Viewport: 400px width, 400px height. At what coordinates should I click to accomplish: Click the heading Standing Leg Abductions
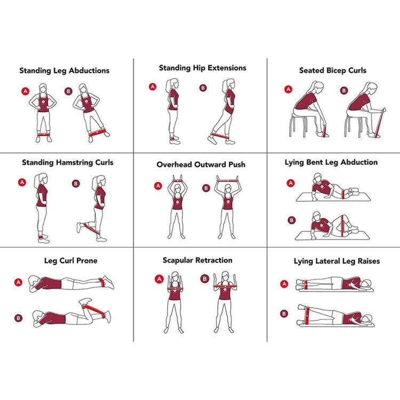pyautogui.click(x=65, y=70)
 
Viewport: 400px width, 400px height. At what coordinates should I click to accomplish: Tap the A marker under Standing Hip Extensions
pyautogui.click(x=153, y=87)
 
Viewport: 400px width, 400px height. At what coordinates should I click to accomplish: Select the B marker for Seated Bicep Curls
pyautogui.click(x=344, y=90)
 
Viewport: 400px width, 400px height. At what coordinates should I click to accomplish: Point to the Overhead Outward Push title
pyautogui.click(x=201, y=165)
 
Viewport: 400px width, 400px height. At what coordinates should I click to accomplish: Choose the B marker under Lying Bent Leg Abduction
pyautogui.click(x=291, y=220)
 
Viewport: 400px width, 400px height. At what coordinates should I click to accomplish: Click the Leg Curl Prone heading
pyautogui.click(x=70, y=261)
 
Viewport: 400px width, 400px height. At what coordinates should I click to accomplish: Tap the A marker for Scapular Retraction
pyautogui.click(x=159, y=279)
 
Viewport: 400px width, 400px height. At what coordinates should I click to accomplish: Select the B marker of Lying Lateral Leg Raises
pyautogui.click(x=284, y=314)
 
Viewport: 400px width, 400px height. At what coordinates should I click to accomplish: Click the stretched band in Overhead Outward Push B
pyautogui.click(x=227, y=181)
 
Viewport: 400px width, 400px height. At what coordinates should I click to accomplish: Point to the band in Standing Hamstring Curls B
pyautogui.click(x=91, y=228)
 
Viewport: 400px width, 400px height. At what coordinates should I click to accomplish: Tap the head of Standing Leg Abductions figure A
pyautogui.click(x=43, y=89)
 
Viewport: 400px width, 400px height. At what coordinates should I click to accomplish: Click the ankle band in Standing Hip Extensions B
pyautogui.click(x=220, y=136)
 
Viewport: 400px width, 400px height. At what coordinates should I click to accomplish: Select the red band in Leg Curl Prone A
pyautogui.click(x=102, y=282)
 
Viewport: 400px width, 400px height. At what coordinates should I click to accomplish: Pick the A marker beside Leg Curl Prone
pyautogui.click(x=18, y=282)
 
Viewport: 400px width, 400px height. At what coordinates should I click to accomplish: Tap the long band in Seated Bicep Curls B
pyautogui.click(x=380, y=123)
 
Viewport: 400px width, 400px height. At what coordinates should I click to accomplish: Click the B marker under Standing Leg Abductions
pyautogui.click(x=68, y=91)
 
